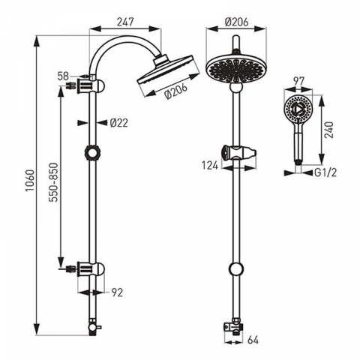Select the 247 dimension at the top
pos(126,22)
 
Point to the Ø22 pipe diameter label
pos(118,123)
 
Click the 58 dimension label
pos(63,76)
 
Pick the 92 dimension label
pos(117,292)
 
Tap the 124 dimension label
pos(210,166)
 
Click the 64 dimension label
pos(253,340)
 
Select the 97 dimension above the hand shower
pos(298,82)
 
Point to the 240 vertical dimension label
pos(330,130)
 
